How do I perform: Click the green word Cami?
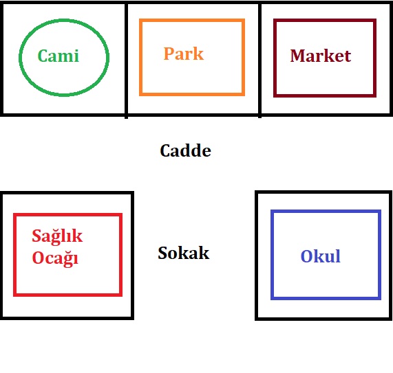(59, 56)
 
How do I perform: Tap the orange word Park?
(184, 54)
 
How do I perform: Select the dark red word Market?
(320, 56)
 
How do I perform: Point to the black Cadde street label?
(185, 150)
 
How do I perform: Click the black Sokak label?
(184, 253)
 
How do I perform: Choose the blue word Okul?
(320, 256)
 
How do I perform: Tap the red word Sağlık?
(57, 236)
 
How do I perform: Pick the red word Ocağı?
(55, 258)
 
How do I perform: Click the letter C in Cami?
(43, 56)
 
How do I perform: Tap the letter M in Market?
(297, 56)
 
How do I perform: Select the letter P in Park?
(169, 54)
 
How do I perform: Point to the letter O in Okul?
(306, 256)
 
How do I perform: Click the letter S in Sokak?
(163, 253)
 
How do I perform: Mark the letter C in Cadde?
(165, 150)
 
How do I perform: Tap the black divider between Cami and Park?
(127, 60)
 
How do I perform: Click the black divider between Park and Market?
(259, 60)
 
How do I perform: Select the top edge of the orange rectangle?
(192, 20)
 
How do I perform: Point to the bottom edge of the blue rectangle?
(326, 298)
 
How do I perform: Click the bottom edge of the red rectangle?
(67, 295)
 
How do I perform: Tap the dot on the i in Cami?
(76, 51)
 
